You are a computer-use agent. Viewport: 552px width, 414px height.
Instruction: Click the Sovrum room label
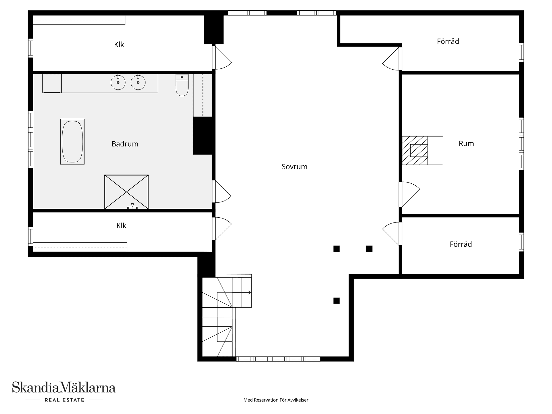[x=294, y=167]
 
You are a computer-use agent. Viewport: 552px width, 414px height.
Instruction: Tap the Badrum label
[x=125, y=144]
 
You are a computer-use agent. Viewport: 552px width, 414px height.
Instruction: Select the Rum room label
[x=466, y=143]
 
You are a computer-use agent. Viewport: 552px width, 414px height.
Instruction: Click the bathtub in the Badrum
[x=72, y=142]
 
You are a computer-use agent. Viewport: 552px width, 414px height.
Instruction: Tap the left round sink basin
[x=118, y=83]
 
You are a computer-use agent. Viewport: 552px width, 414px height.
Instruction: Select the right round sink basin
[x=138, y=83]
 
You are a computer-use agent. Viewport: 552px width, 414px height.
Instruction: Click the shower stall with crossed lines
[x=126, y=192]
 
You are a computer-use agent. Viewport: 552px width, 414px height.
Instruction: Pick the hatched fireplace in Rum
[x=415, y=150]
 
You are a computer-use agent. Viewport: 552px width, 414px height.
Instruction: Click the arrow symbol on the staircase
[x=249, y=292]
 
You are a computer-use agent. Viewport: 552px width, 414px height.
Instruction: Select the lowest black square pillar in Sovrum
[x=336, y=300]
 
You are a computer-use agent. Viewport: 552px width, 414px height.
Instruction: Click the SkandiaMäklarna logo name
[x=64, y=387]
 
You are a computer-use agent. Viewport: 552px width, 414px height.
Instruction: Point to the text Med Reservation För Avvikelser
[x=276, y=400]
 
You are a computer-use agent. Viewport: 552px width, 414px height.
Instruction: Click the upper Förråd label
[x=448, y=41]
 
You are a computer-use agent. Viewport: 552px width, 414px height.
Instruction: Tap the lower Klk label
[x=121, y=226]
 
